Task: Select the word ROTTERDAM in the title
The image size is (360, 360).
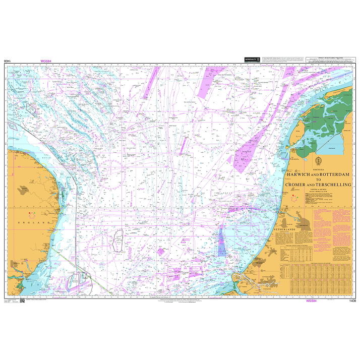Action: pyautogui.click(x=334, y=174)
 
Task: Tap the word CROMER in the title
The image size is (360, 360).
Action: pyautogui.click(x=297, y=185)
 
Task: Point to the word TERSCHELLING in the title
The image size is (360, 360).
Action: pyautogui.click(x=334, y=185)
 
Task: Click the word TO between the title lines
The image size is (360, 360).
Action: pyautogui.click(x=318, y=179)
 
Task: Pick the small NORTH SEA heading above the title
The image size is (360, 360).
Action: pyautogui.click(x=318, y=170)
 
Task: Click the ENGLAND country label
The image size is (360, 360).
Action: pyautogui.click(x=33, y=222)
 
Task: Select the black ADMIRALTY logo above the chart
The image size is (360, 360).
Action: pyautogui.click(x=251, y=60)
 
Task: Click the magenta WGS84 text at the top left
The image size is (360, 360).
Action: pyautogui.click(x=46, y=61)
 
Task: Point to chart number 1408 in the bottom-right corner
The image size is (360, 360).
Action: pyautogui.click(x=352, y=301)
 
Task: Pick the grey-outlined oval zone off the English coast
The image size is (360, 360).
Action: pyautogui.click(x=119, y=240)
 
